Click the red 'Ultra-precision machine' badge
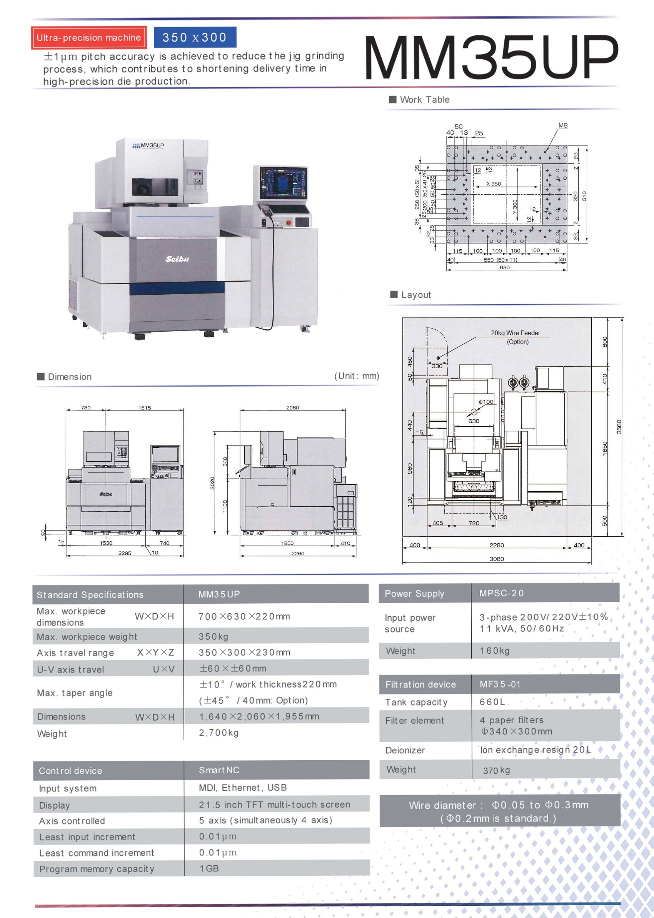[x=88, y=38]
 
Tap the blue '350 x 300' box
[x=195, y=37]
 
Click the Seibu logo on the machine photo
[x=177, y=259]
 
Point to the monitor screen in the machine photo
[x=283, y=183]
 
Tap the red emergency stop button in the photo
[x=289, y=222]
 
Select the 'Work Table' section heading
[x=424, y=99]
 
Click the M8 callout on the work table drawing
[x=562, y=126]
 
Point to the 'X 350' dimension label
[x=494, y=184]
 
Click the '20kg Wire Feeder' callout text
[x=515, y=333]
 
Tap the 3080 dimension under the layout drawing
[x=497, y=559]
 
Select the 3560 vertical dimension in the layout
[x=619, y=427]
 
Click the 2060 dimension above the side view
[x=293, y=408]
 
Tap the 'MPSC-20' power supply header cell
[x=501, y=593]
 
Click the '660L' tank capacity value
[x=492, y=702]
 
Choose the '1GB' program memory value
[x=209, y=868]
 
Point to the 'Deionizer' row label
[x=405, y=751]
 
